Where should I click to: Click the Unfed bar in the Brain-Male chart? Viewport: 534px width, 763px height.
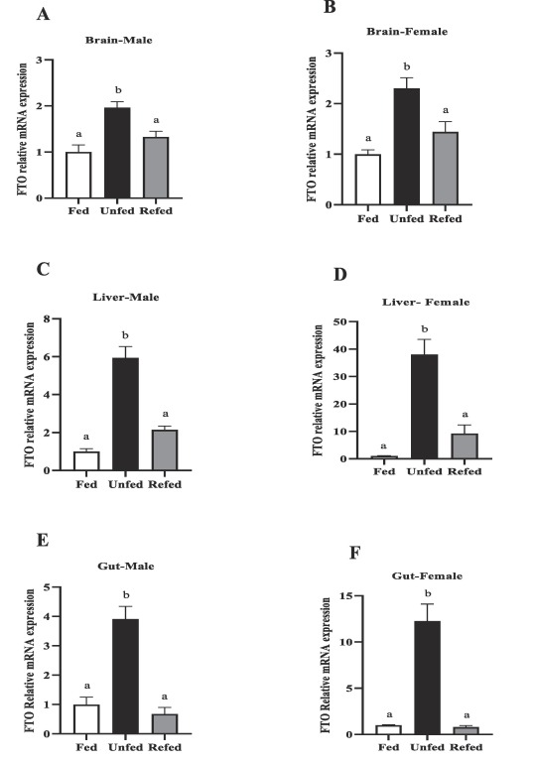[117, 153]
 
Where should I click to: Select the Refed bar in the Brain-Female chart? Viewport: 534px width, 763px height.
[446, 168]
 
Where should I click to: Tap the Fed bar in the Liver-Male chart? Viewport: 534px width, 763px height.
[86, 460]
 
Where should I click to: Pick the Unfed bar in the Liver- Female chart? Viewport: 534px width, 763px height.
[424, 407]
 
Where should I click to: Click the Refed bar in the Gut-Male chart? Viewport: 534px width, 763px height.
[165, 723]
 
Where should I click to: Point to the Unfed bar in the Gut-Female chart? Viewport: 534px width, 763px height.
[428, 678]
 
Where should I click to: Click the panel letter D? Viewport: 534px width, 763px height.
[340, 275]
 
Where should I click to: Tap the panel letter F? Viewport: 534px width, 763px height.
[355, 553]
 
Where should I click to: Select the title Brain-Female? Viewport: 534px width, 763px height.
[407, 32]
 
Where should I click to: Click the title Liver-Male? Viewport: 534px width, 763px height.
[126, 297]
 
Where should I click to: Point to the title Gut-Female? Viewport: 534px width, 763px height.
[427, 576]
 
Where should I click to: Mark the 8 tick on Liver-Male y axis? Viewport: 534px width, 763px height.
[47, 318]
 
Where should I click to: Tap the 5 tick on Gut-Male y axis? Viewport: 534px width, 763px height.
[47, 586]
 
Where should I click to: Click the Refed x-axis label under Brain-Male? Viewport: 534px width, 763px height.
[156, 210]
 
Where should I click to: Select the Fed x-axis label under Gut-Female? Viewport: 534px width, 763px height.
[388, 747]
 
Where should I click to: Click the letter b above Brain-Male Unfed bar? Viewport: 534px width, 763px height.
[118, 90]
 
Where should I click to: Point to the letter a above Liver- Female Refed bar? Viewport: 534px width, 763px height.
[465, 415]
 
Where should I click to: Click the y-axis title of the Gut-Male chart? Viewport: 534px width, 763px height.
[30, 661]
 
